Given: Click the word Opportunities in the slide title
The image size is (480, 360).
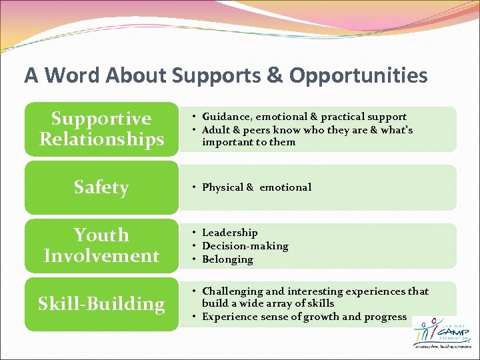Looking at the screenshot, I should tap(358, 76).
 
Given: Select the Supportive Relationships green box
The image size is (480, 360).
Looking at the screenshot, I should tap(101, 129).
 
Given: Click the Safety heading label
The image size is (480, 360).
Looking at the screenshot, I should tap(101, 187).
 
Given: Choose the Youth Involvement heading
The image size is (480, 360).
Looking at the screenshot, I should tap(101, 245).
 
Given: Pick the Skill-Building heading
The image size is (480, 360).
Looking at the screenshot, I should tap(101, 304).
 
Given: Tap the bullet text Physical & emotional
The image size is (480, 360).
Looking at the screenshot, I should tap(257, 187).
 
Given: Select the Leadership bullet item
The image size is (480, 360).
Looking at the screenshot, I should tap(229, 233).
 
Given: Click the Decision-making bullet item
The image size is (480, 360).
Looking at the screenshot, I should tap(245, 246).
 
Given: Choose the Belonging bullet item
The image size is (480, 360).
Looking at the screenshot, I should tap(227, 259).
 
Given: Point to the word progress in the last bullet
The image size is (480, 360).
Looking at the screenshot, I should tap(384, 317).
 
